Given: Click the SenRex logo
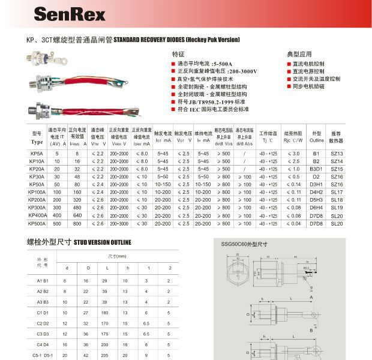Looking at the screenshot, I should coord(70,14).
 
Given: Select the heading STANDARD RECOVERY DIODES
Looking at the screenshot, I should coord(176,40).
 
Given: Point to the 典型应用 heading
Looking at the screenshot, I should coord(299,54).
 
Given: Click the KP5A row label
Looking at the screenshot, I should coord(36,154).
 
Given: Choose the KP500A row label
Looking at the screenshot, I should coord(37,223).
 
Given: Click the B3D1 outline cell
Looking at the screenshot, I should coord(316,169).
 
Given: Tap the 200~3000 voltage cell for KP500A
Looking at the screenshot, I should coord(119,223).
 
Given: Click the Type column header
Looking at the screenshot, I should coord(37,142).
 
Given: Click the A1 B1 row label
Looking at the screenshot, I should coord(43,280).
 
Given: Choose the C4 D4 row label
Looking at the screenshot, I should coord(43,345).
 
